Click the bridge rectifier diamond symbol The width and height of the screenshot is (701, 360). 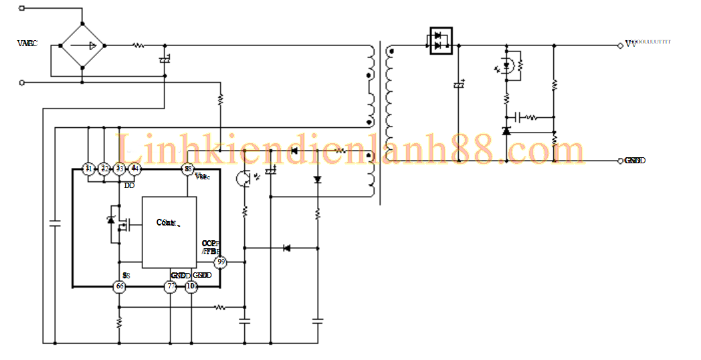coord(82,46)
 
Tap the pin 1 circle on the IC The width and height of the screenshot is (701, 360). coord(88,169)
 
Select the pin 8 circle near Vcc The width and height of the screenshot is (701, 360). coord(189,169)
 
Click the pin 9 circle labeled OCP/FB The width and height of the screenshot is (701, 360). coord(220,262)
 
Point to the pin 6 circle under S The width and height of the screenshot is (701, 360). coord(119,286)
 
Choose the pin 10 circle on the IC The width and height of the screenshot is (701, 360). coord(192,286)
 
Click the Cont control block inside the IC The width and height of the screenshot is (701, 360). coord(169,232)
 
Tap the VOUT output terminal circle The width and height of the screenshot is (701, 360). coord(620,46)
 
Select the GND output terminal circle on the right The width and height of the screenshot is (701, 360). coord(620,161)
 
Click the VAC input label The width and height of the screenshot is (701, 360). coord(27,43)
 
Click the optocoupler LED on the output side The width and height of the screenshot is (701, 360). coord(506,66)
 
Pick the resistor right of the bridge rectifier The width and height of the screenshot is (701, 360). coord(138,46)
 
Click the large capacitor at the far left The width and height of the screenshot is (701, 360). coord(55,225)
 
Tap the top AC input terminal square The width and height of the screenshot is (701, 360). coord(22,9)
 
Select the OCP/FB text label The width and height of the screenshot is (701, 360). coord(211,247)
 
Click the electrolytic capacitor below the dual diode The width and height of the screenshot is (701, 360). coord(459,85)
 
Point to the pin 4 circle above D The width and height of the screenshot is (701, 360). coord(135,169)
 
